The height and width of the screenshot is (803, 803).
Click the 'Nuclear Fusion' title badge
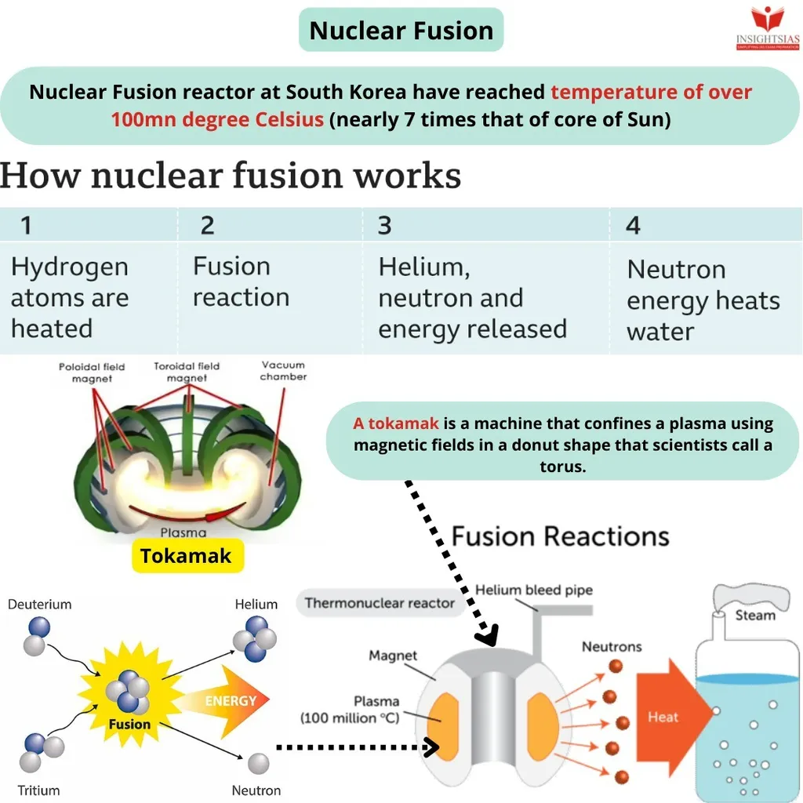pyautogui.click(x=401, y=31)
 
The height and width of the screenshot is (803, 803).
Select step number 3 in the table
pyautogui.click(x=385, y=226)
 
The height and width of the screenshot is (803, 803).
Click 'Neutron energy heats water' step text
pyautogui.click(x=703, y=300)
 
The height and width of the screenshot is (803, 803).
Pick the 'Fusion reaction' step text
pyautogui.click(x=241, y=282)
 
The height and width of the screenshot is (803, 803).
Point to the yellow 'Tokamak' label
pyautogui.click(x=186, y=556)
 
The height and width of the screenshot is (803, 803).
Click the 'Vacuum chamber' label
pyautogui.click(x=284, y=371)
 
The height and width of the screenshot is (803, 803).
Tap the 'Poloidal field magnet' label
pyautogui.click(x=92, y=372)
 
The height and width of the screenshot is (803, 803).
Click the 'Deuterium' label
pyautogui.click(x=39, y=605)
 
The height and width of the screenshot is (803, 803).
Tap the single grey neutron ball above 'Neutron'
pyautogui.click(x=258, y=763)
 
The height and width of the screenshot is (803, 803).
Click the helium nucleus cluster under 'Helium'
pyautogui.click(x=255, y=638)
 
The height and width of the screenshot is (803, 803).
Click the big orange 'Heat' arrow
pyautogui.click(x=667, y=717)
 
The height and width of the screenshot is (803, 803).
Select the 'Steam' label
pyautogui.click(x=755, y=615)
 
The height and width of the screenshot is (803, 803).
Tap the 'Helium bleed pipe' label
pyautogui.click(x=534, y=590)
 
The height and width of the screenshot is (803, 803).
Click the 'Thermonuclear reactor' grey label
pyautogui.click(x=380, y=603)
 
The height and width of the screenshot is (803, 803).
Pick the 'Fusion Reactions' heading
pyautogui.click(x=560, y=536)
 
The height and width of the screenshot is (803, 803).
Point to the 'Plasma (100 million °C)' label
pyautogui.click(x=351, y=710)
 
